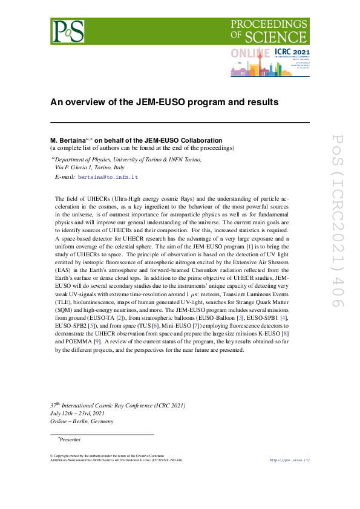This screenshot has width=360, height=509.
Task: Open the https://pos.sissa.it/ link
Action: click(289, 460)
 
